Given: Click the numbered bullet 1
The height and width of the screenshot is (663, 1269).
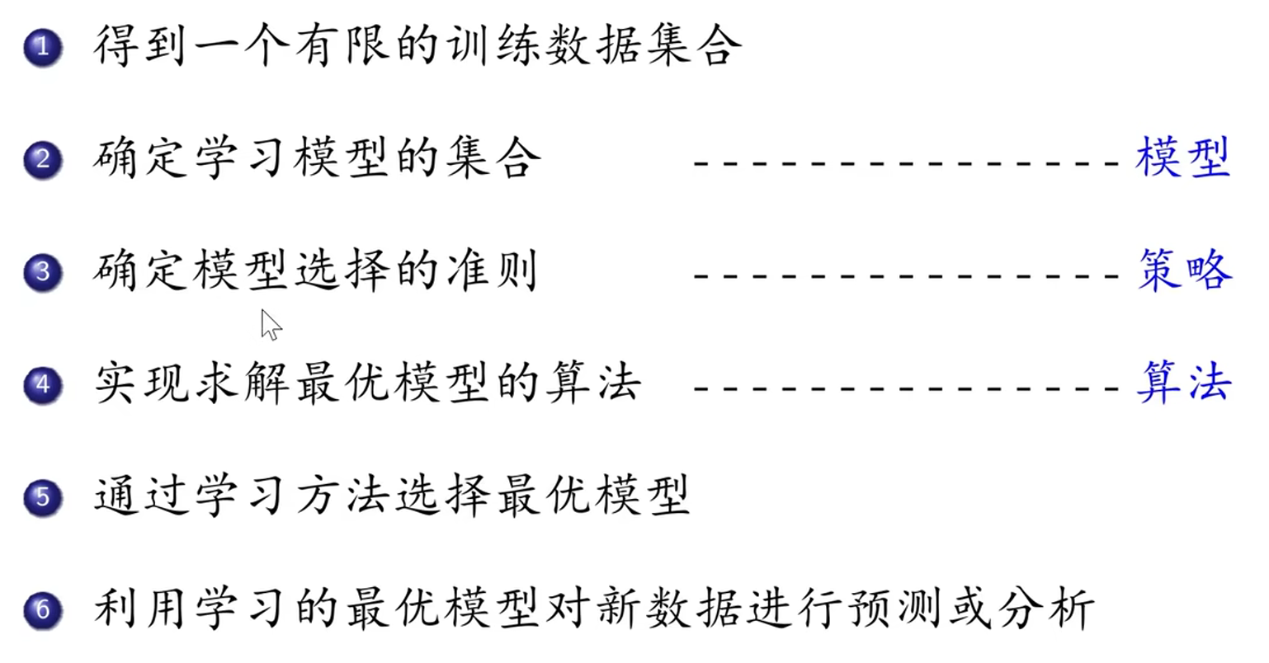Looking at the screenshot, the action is click(43, 47).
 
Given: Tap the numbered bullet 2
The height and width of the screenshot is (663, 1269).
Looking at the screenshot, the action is click(43, 159).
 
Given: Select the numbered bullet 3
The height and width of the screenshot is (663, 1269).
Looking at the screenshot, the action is click(43, 272).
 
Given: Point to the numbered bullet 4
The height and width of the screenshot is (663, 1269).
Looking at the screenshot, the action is click(43, 385).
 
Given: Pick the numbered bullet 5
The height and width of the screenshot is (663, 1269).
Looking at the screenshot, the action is click(43, 497).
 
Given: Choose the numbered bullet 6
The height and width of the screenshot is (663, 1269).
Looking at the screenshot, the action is click(43, 610).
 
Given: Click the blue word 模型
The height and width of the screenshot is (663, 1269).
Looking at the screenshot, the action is click(1183, 158).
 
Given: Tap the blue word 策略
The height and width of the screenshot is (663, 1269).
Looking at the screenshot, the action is click(1185, 270).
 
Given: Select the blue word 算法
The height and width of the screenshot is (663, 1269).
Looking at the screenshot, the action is click(1184, 383).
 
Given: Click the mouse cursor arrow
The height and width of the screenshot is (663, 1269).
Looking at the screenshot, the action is click(269, 323).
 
